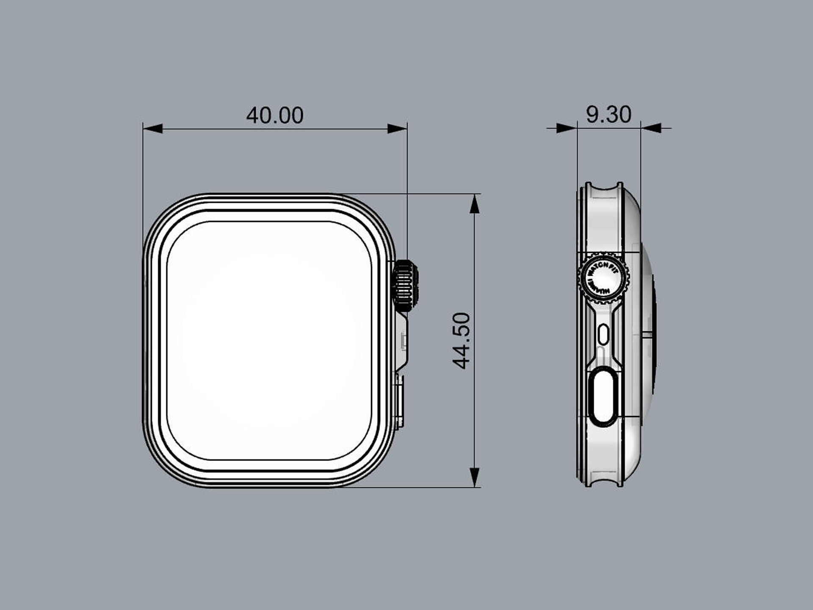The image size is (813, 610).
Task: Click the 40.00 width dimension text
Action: pos(275,115)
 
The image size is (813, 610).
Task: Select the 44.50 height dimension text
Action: pos(461,341)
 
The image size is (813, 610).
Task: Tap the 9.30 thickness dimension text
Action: pos(608,114)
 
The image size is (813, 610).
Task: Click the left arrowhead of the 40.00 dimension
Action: pos(153,128)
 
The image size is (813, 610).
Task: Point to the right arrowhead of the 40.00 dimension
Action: pos(397,128)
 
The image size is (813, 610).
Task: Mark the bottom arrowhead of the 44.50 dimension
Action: pos(475,477)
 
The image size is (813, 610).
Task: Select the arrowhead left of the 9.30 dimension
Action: pos(566,128)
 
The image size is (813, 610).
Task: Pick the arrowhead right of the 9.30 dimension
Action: pos(651,128)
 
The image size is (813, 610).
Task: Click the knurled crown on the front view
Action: pos(405,286)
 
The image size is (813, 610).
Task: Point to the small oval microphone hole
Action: pos(604,334)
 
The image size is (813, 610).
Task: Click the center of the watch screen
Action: pos(269,341)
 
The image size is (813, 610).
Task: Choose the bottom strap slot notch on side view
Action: pos(604,481)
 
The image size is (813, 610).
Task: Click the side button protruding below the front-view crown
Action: pos(400,402)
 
